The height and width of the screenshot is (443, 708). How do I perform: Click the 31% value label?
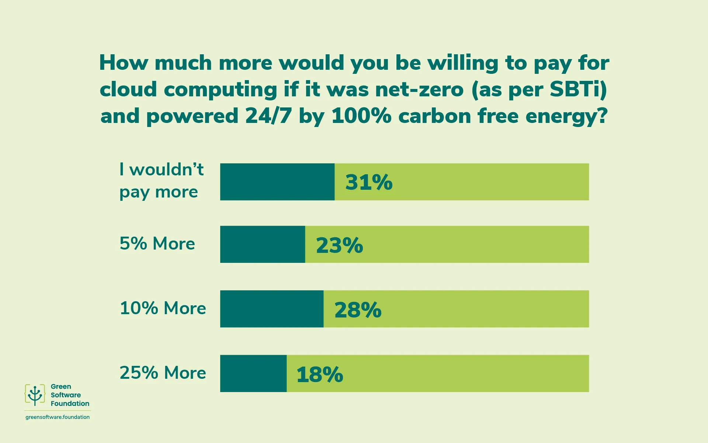point(369,182)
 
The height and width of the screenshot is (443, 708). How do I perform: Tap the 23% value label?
point(340,245)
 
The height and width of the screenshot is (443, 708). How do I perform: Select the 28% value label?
point(358,309)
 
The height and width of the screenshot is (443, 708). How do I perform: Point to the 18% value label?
point(320,374)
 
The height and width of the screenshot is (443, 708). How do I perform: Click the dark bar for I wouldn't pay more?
point(277,182)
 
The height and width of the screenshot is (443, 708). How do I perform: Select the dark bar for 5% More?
point(263,244)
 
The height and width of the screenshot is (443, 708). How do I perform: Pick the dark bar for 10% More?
point(272,309)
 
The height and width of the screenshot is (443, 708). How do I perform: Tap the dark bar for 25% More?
point(253,374)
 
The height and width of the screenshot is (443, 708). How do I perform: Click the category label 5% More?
point(157,244)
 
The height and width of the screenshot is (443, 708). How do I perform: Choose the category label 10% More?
point(163,308)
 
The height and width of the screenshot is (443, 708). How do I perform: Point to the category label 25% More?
point(163,373)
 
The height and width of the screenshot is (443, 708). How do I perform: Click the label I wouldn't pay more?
point(161,181)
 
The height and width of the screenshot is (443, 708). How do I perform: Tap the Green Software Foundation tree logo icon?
point(35,395)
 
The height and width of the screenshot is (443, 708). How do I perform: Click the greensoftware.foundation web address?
point(58,417)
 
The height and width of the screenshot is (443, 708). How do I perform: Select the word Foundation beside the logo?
point(70,403)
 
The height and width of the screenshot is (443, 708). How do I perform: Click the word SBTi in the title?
point(578,89)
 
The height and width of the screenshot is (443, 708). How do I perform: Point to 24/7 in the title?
point(268,116)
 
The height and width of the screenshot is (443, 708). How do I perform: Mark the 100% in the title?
point(361,116)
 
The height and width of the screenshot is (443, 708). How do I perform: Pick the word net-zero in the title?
point(419,89)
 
